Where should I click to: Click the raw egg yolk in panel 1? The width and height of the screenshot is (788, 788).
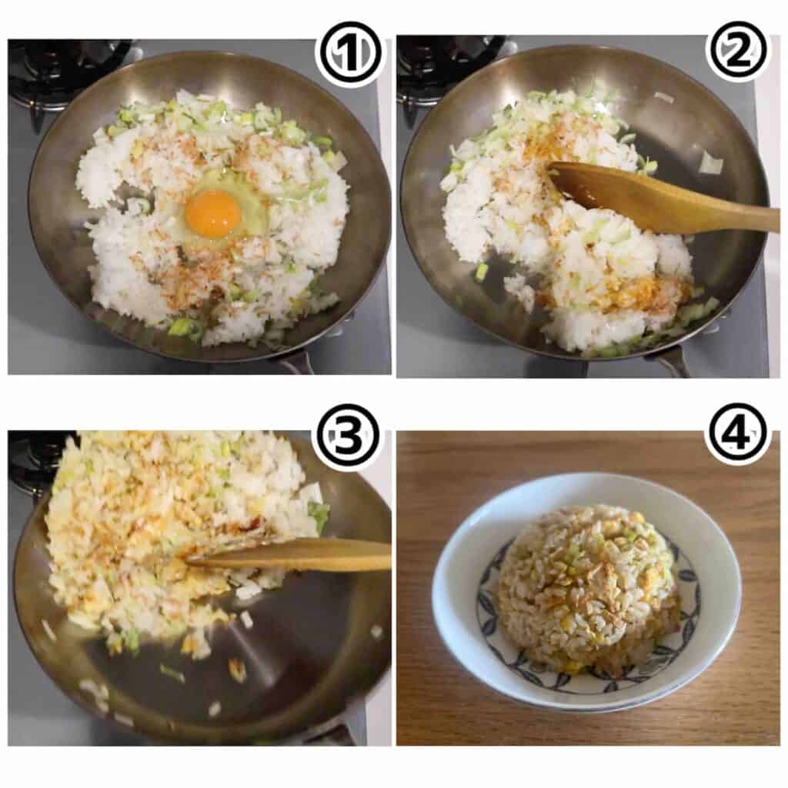[x=213, y=213]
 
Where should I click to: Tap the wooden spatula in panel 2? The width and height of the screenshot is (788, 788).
[x=663, y=199]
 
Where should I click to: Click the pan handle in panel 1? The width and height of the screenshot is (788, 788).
[x=296, y=363]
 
